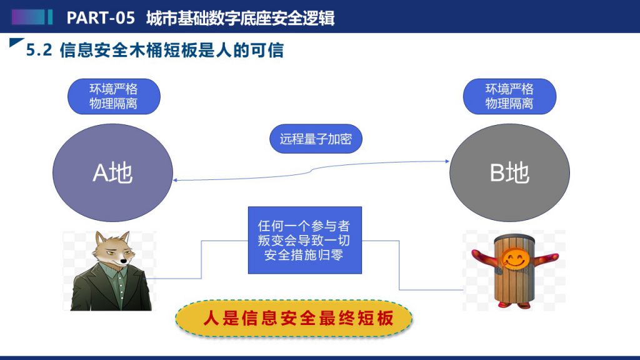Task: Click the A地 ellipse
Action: [112, 172]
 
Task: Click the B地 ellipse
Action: [509, 172]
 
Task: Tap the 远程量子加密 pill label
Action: [316, 139]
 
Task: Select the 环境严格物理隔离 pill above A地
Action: [114, 96]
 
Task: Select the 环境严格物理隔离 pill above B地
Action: [509, 96]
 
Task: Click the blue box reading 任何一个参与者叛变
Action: [304, 240]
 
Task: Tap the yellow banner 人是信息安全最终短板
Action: [294, 318]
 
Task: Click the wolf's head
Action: [113, 250]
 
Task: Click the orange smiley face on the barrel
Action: [515, 258]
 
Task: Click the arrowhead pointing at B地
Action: [447, 161]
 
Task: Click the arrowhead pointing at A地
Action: [175, 180]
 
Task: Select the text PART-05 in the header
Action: [101, 18]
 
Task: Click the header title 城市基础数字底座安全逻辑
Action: [241, 18]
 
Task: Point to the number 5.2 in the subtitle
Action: [39, 50]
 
